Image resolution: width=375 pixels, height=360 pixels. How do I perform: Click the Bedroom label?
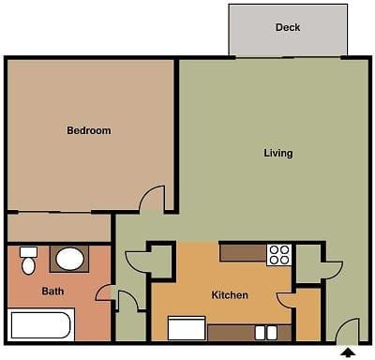[x=89, y=130]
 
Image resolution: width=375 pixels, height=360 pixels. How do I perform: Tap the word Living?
[x=278, y=153]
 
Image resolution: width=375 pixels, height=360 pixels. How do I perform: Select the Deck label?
[x=288, y=27]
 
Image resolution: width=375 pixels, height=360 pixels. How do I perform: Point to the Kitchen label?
[x=230, y=295]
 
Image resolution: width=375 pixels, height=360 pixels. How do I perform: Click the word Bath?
[x=52, y=292]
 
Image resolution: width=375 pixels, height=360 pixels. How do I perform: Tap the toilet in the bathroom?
[x=28, y=261]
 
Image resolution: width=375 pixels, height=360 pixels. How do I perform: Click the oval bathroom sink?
[x=69, y=259]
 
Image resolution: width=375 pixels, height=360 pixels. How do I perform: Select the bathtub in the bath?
[x=40, y=325]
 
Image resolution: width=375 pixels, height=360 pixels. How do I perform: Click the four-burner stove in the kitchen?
[x=279, y=255]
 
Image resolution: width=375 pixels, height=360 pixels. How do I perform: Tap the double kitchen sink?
[x=266, y=333]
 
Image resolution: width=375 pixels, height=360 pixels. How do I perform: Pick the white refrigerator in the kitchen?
[x=187, y=328]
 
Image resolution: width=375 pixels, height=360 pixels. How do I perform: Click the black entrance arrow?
[x=348, y=352]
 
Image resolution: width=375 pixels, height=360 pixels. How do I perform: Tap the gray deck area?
[x=288, y=30]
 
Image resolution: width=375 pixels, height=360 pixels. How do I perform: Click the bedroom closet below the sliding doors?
[x=59, y=228]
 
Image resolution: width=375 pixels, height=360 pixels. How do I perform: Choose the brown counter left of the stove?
[x=243, y=253]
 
